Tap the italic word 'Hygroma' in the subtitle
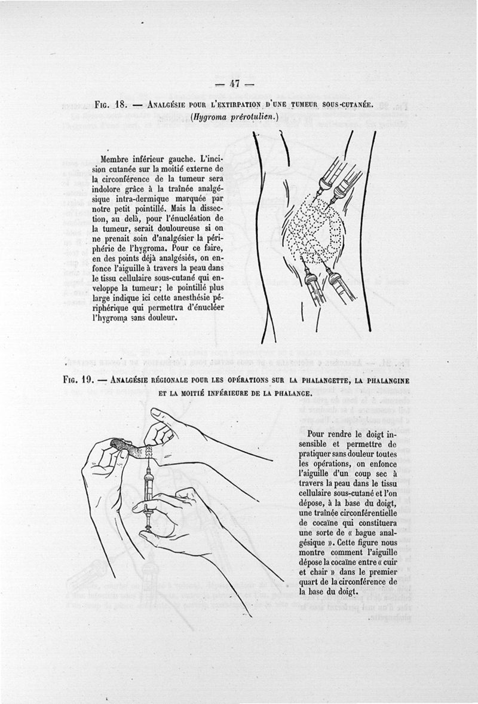(212, 117)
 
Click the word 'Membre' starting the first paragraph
(118, 159)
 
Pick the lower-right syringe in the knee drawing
(338, 287)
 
